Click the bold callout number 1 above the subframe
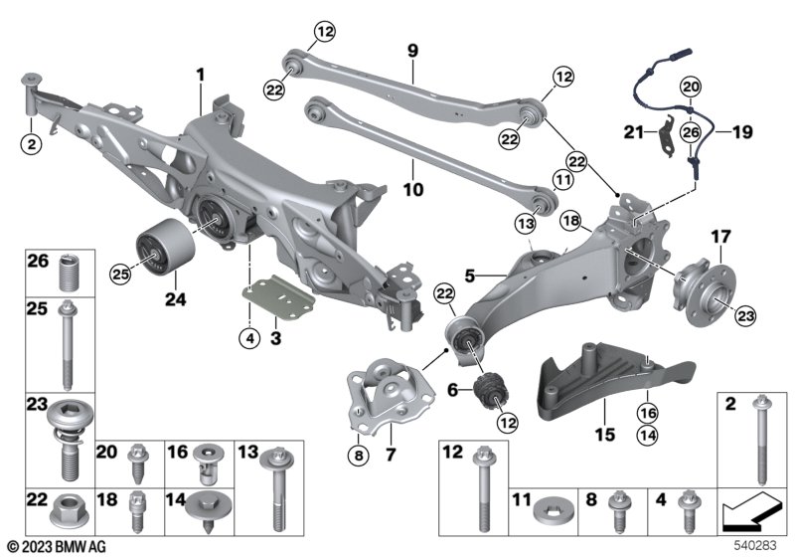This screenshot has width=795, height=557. pos(201,75)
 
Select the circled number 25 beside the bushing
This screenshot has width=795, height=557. pos(120,275)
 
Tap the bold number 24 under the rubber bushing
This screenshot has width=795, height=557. pos(176,299)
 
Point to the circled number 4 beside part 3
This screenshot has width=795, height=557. pos(249,338)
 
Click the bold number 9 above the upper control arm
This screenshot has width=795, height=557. pos(412,51)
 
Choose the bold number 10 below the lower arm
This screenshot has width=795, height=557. pos(413,190)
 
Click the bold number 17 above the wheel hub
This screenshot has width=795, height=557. pos(721,237)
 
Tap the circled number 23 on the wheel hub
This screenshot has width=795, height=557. pos(746,316)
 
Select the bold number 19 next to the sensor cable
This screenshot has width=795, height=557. pos(742,132)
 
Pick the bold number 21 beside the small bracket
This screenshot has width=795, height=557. pos(633,132)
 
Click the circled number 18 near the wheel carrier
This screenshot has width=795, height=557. pos(570,221)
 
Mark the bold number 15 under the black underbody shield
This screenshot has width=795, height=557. pos(605,435)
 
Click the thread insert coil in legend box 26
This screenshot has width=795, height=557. pos(70,274)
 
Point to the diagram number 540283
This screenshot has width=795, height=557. pos(755,545)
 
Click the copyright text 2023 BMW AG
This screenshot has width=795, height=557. pos(58,546)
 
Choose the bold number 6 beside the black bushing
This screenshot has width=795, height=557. pos(452,390)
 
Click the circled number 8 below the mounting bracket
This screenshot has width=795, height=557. pos(359,456)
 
